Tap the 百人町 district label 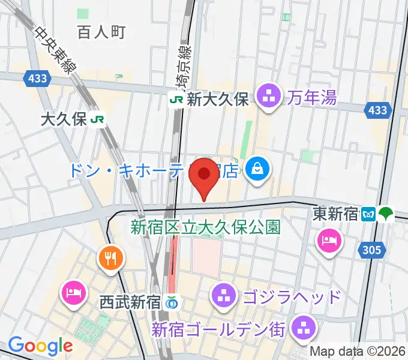[x=101, y=32]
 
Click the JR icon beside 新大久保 [x=176, y=100]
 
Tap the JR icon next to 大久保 [x=98, y=119]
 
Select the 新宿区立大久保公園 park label [x=206, y=227]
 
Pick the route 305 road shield [x=371, y=251]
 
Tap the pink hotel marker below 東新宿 [x=329, y=241]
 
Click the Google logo [x=40, y=346]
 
